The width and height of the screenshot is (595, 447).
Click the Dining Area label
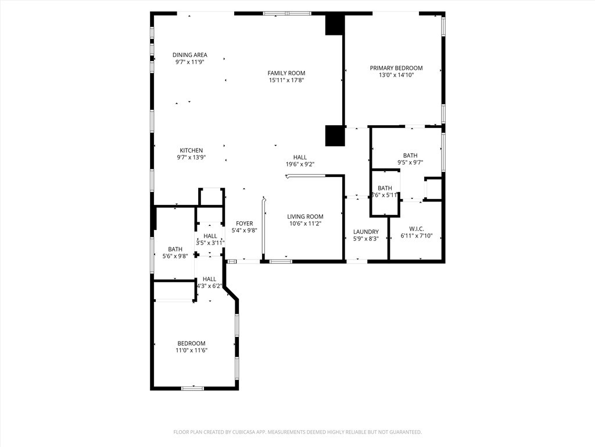(x=190, y=55)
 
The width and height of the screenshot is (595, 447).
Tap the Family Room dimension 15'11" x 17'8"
(x=286, y=80)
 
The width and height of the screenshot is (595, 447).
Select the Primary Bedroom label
(x=396, y=68)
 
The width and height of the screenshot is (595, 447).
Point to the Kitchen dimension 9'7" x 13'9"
(x=191, y=157)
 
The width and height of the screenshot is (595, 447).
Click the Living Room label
(x=305, y=217)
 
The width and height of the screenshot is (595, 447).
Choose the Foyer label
(x=245, y=223)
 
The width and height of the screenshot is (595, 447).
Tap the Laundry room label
(x=366, y=232)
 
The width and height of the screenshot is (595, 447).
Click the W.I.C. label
(x=417, y=229)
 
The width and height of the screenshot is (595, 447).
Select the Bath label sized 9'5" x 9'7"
(x=410, y=155)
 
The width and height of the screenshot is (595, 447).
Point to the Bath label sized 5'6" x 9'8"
(x=175, y=249)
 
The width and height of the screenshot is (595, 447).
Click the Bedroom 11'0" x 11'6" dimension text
(x=191, y=350)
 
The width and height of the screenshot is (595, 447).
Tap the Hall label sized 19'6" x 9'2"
(x=300, y=157)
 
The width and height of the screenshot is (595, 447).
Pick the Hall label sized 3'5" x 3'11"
(x=210, y=236)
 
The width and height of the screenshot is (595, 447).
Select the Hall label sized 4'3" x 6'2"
(x=209, y=279)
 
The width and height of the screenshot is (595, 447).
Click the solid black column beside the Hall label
(x=335, y=136)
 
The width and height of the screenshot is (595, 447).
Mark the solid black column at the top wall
(x=335, y=24)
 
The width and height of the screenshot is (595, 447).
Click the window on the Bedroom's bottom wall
(x=192, y=388)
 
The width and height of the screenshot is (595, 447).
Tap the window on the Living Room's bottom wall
(x=281, y=261)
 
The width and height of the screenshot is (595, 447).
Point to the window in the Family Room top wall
(x=287, y=13)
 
